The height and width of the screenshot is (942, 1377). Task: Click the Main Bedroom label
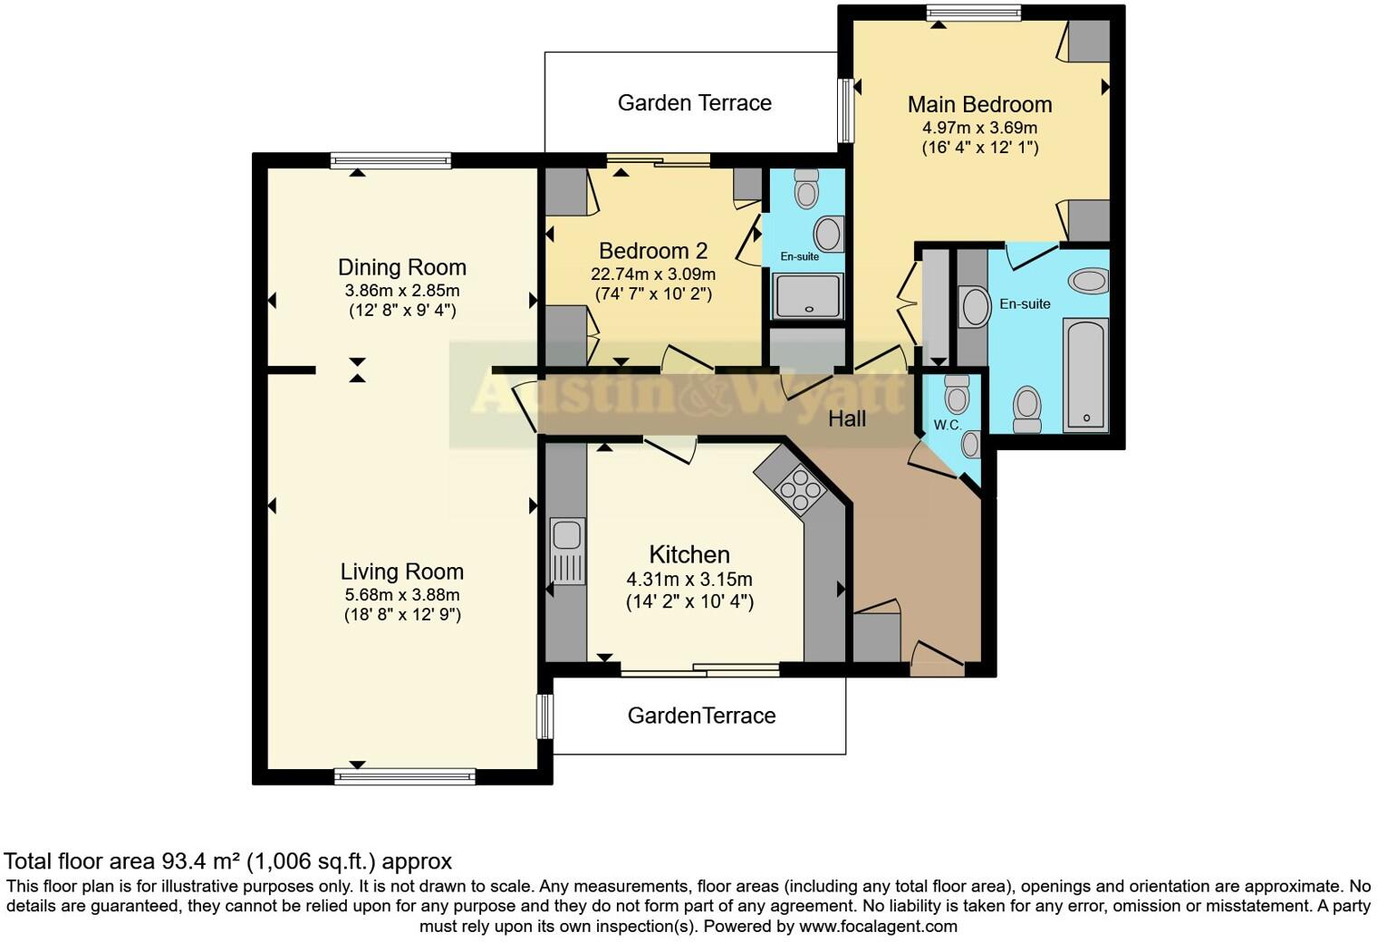(980, 104)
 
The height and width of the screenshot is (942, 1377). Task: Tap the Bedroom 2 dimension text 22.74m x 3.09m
(653, 274)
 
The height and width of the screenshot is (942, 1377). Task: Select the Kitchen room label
(689, 554)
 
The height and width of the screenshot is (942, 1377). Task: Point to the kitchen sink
(567, 551)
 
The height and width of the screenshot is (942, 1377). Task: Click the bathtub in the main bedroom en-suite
(1085, 374)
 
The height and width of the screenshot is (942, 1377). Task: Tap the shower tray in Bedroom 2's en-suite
(808, 296)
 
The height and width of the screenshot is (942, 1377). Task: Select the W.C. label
(948, 425)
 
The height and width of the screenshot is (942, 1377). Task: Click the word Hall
(847, 419)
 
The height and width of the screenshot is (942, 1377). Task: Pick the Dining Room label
(402, 267)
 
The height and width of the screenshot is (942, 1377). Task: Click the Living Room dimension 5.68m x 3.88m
(402, 594)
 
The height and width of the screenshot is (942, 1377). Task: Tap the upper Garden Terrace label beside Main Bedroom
(695, 102)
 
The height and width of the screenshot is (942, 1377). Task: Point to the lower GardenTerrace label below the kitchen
(701, 716)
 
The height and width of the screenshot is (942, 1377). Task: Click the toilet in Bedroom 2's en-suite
(806, 188)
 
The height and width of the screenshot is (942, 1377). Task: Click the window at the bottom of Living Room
(405, 777)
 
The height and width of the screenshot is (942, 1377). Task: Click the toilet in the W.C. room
(957, 395)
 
